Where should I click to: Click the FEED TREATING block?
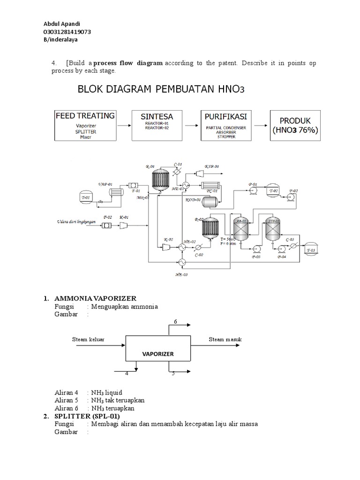tap(85, 125)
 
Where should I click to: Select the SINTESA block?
tap(157, 125)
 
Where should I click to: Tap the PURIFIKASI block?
tap(226, 125)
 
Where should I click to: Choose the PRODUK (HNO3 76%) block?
tap(295, 125)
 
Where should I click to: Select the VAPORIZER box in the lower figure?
tap(158, 354)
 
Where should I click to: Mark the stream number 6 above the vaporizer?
tap(175, 321)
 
